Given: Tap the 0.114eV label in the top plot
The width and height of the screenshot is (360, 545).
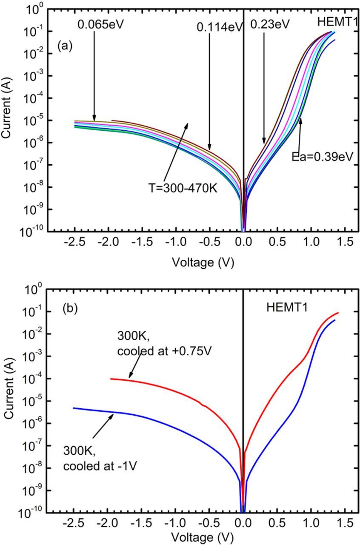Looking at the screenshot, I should pyautogui.click(x=219, y=27).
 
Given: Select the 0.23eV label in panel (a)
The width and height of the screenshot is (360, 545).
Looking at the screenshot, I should pyautogui.click(x=270, y=24).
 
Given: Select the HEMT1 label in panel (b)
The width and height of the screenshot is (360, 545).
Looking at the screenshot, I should pyautogui.click(x=285, y=308).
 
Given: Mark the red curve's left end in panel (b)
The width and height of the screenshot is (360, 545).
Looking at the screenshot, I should pyautogui.click(x=111, y=379).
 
